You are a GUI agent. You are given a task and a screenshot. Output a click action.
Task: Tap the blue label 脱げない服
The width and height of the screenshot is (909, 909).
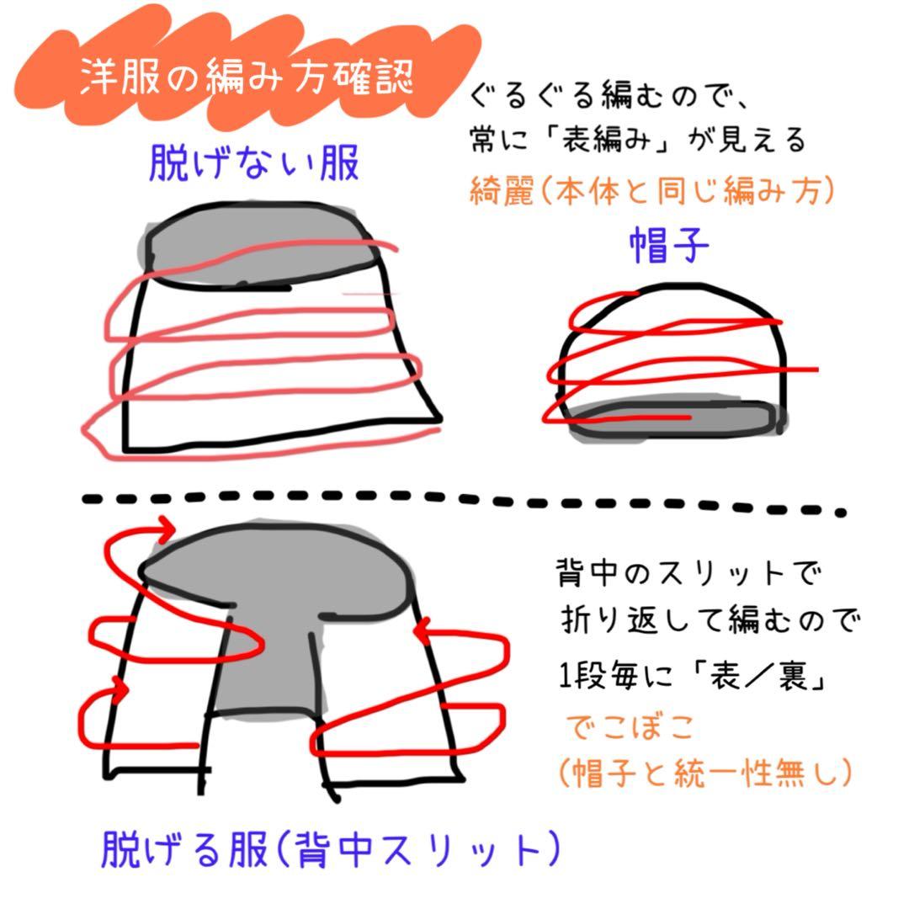254,165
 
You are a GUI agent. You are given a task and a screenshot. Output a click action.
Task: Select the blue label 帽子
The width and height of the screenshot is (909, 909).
669,247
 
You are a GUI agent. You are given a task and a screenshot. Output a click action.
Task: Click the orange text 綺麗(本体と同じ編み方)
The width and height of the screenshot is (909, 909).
651,193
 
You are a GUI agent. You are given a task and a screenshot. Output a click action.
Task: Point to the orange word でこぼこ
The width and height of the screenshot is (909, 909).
620,729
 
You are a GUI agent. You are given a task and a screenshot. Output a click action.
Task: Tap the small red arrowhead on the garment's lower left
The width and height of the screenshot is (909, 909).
122,689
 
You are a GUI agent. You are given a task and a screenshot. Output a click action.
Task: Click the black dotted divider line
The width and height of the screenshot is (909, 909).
463,502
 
